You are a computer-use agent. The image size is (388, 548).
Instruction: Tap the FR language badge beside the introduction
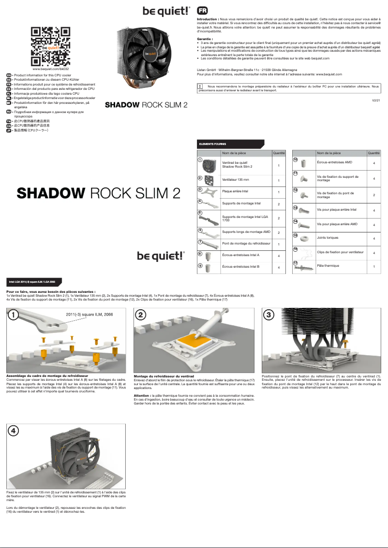[x=203, y=11]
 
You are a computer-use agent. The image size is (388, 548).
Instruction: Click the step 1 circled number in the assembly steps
[x=15, y=315]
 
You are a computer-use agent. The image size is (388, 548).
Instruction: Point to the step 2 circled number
[x=141, y=315]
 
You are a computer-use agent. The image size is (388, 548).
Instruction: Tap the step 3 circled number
[x=269, y=315]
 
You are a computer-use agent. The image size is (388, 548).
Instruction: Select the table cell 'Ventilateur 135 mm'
[x=236, y=180]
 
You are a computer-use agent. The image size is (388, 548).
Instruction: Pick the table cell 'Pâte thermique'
[x=328, y=266]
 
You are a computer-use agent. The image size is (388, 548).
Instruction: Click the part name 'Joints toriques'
[x=328, y=238]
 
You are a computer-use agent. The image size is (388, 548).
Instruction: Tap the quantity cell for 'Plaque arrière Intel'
[x=279, y=192]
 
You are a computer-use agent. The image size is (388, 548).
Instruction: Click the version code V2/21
[x=376, y=100]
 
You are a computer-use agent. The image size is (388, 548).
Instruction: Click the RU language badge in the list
[x=9, y=112]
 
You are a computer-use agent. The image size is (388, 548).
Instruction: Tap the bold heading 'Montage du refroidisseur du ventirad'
[x=164, y=375]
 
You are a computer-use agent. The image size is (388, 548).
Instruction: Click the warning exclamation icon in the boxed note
[x=200, y=87]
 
